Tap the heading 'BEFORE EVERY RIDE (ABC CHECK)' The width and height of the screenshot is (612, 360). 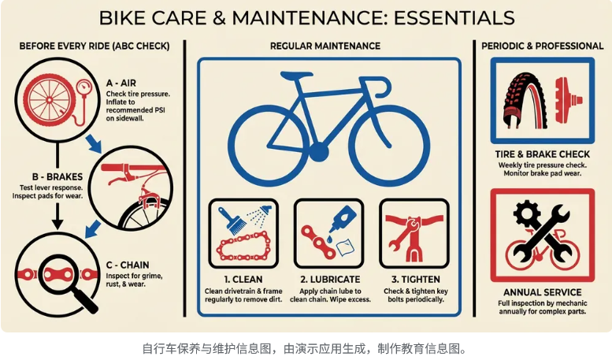(95, 46)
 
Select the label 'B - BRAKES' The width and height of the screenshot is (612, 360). (49, 178)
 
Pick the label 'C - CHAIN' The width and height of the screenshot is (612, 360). (128, 265)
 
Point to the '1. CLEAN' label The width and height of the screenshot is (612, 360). (243, 279)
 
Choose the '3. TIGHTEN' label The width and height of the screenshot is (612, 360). (414, 279)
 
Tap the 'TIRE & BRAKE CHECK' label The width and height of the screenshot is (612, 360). (542, 154)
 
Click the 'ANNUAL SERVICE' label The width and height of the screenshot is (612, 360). (542, 293)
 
